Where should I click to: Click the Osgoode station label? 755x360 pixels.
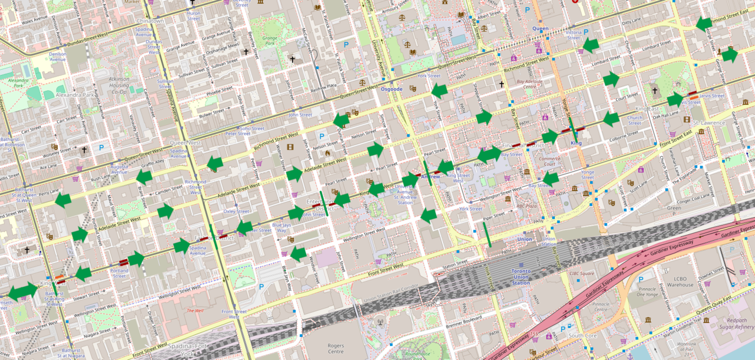(392, 89)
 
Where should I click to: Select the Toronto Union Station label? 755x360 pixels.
(521, 278)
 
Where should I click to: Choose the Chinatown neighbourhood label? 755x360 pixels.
(150, 21)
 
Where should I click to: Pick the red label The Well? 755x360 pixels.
(195, 310)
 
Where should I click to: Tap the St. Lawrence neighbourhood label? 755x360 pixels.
(708, 123)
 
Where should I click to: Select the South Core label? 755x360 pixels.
(583, 335)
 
